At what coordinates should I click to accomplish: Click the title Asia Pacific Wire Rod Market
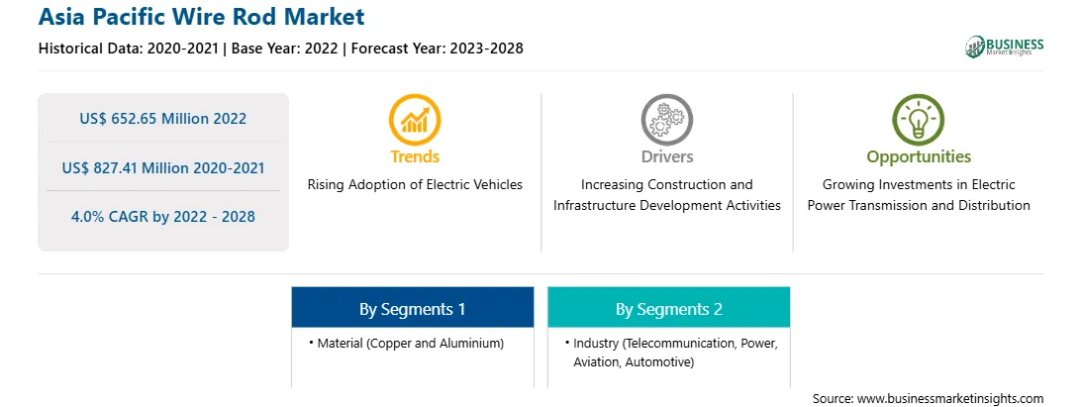pyautogui.click(x=201, y=17)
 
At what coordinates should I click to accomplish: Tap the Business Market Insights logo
pyautogui.click(x=1004, y=47)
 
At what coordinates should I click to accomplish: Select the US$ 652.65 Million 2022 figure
pyautogui.click(x=162, y=118)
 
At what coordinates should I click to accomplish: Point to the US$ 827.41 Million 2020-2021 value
pyautogui.click(x=162, y=167)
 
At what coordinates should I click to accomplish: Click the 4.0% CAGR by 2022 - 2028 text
pyautogui.click(x=162, y=217)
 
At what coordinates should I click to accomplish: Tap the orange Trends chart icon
pyautogui.click(x=415, y=120)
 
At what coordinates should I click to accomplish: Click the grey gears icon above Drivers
pyautogui.click(x=666, y=120)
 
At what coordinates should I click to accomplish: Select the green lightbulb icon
pyautogui.click(x=919, y=120)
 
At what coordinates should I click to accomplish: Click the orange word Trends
pyautogui.click(x=415, y=156)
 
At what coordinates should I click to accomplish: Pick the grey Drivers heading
pyautogui.click(x=666, y=156)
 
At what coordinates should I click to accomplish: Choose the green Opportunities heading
pyautogui.click(x=919, y=157)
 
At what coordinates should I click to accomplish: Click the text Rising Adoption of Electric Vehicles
pyautogui.click(x=415, y=184)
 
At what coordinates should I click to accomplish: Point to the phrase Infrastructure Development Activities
pyautogui.click(x=666, y=205)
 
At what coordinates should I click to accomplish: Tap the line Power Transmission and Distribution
pyautogui.click(x=919, y=205)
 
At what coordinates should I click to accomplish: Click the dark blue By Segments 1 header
pyautogui.click(x=412, y=308)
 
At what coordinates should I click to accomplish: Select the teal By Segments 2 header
pyautogui.click(x=669, y=308)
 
